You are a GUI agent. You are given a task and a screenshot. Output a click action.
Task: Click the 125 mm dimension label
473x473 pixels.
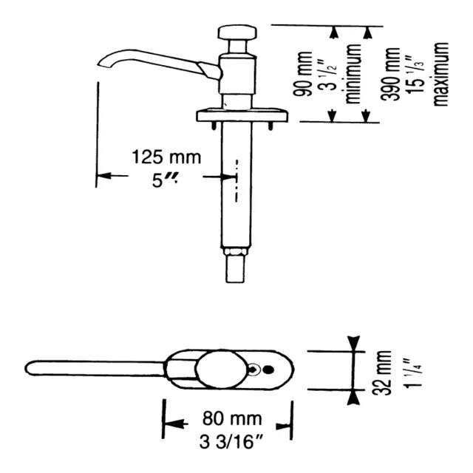click(166, 157)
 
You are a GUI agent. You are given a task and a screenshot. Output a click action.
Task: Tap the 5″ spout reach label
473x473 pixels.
click(164, 180)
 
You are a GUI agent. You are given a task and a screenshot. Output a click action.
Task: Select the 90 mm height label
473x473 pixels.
click(303, 74)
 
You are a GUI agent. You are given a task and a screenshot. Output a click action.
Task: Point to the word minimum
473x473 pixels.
click(353, 74)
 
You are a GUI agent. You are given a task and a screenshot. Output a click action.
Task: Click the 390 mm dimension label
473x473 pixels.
click(390, 74)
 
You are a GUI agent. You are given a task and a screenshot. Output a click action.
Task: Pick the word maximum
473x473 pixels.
click(440, 74)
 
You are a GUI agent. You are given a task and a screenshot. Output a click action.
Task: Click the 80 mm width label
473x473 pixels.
click(232, 418)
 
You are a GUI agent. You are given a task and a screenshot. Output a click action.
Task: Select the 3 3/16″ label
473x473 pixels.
click(231, 442)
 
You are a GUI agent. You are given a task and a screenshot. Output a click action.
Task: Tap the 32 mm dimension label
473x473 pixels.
click(381, 372)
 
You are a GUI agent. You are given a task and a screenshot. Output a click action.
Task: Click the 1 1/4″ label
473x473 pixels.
click(414, 373)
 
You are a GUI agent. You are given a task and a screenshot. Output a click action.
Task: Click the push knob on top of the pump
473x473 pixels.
click(237, 33)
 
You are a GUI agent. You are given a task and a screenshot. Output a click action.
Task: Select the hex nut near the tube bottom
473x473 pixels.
click(235, 251)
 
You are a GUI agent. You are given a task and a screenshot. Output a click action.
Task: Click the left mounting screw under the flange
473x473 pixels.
click(214, 126)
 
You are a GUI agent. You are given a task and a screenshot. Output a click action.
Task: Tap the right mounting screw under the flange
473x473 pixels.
click(270, 126)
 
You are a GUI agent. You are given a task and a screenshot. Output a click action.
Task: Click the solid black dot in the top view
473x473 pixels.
click(269, 370)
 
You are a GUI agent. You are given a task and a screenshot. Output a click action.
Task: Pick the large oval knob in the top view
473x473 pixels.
click(221, 370)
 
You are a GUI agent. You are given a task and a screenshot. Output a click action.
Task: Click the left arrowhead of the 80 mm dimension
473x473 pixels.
click(174, 423)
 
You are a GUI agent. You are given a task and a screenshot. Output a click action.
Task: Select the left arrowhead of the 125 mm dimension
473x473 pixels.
click(103, 175)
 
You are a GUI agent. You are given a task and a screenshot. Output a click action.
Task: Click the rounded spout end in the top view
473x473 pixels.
click(29, 368)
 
